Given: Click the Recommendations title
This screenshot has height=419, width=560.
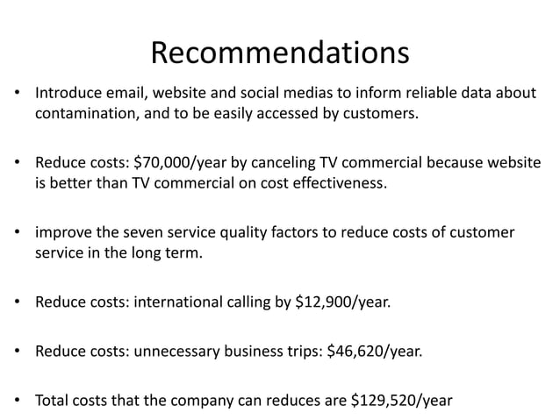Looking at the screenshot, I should click(280, 53).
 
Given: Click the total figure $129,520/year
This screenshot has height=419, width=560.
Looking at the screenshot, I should click(402, 401).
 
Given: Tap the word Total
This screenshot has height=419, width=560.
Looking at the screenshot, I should click(54, 401).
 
